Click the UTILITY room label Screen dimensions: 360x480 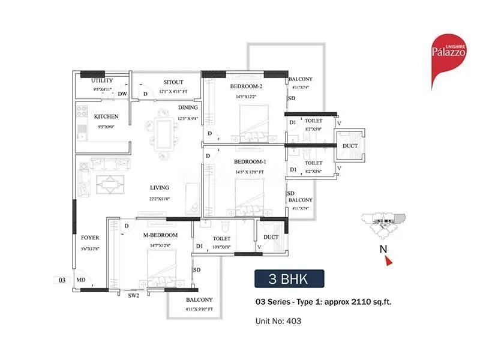coord(102,81)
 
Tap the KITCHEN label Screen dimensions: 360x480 coord(106,116)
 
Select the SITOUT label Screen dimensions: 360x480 coord(173,82)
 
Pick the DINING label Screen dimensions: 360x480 coord(188,108)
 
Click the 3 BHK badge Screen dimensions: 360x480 coord(289,279)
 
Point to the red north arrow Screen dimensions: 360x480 coord(388,260)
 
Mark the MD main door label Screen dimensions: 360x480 coord(80,279)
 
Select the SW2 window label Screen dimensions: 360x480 coord(133,295)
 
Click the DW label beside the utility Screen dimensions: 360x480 coord(122,94)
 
